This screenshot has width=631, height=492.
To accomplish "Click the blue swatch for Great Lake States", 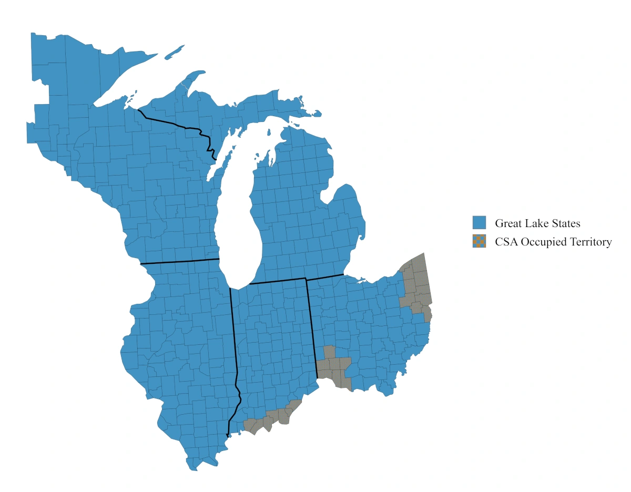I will point(479,223).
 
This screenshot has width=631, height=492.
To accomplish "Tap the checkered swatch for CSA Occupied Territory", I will point(479,242).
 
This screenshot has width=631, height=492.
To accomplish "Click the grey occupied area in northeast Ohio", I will point(418,284).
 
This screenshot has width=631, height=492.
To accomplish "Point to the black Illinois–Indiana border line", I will point(233,342).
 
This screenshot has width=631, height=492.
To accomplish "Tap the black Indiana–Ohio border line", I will point(312,326).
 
